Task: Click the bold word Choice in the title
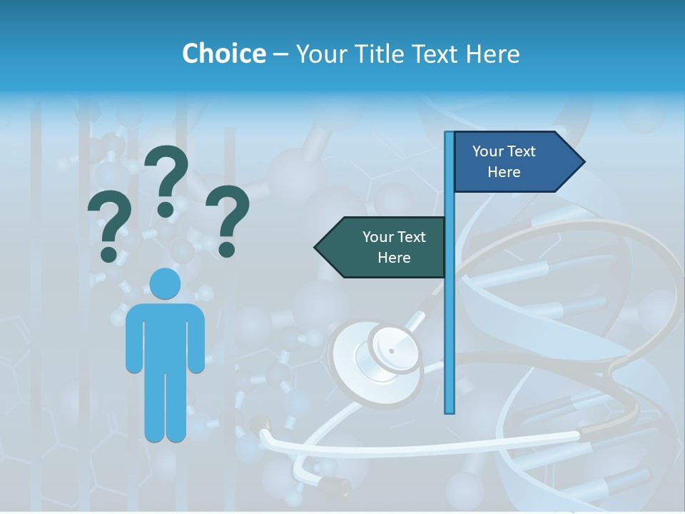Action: click(x=223, y=54)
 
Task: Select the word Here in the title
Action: click(x=492, y=54)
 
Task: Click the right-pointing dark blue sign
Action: click(x=514, y=162)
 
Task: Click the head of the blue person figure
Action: click(x=165, y=283)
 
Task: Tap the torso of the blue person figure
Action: click(x=165, y=336)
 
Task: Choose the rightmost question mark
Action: click(x=228, y=218)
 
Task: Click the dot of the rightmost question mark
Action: click(x=227, y=249)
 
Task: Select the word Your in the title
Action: click(x=320, y=54)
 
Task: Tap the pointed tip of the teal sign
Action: click(x=316, y=247)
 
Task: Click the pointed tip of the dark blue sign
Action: click(x=583, y=162)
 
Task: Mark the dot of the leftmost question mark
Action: click(x=108, y=254)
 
